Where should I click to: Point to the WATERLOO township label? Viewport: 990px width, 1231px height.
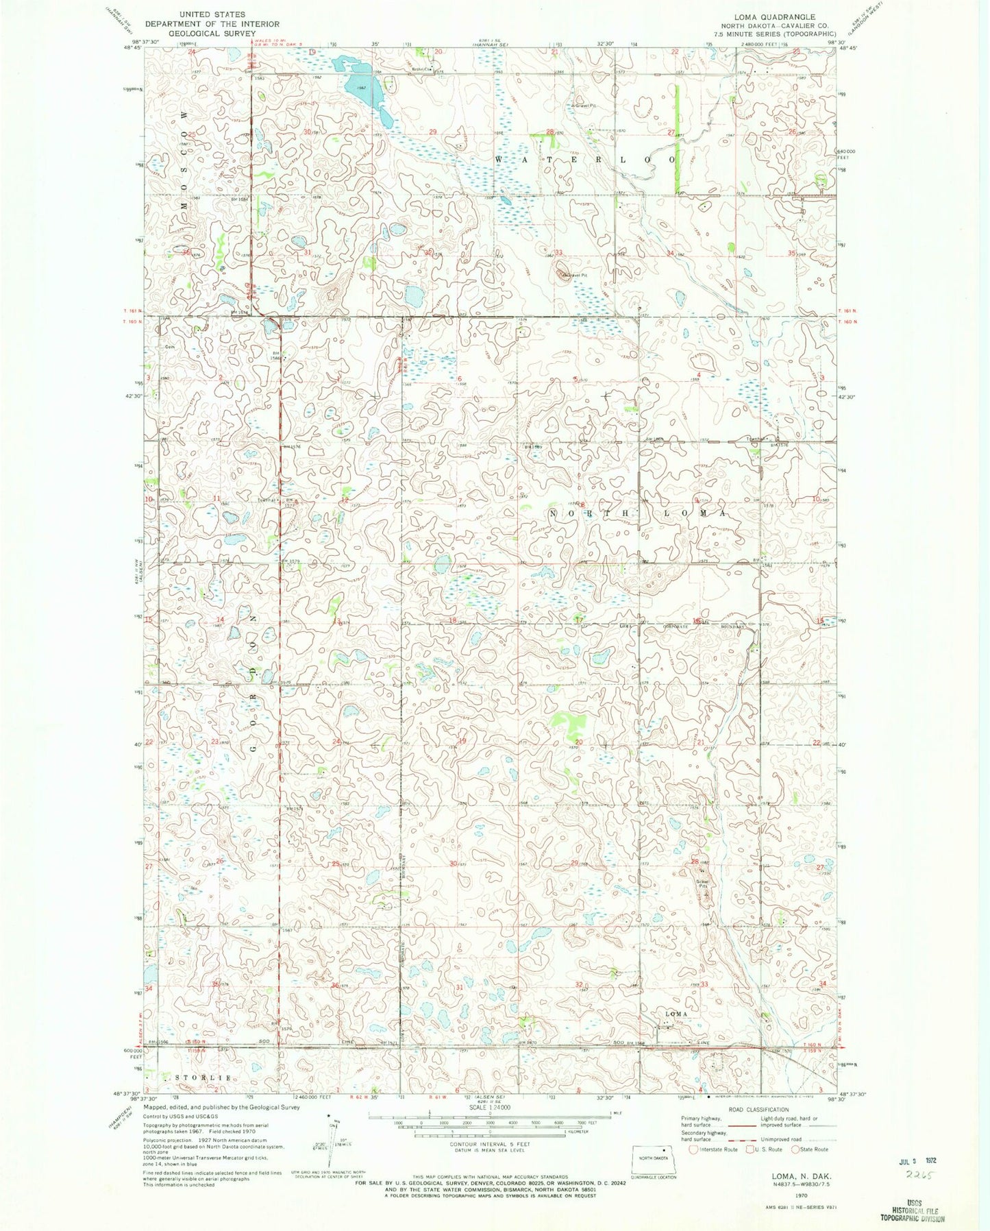pos(585,159)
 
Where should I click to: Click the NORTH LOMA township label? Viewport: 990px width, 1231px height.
pos(638,512)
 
